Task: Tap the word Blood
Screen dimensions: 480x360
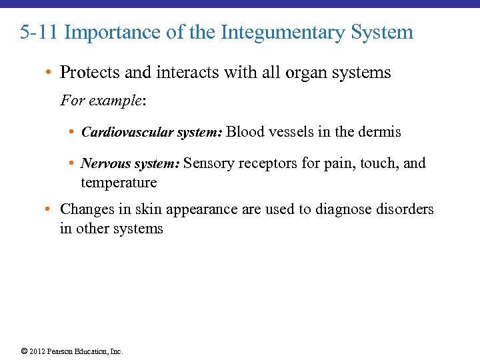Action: tap(245, 131)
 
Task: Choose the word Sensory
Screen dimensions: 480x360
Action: tap(208, 163)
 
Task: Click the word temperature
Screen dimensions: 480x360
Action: tap(119, 182)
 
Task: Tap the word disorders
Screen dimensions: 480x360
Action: tap(405, 209)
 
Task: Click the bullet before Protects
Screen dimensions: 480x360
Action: tap(51, 73)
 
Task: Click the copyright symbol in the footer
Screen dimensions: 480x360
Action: tap(24, 351)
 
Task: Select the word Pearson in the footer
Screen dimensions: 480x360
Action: tap(60, 351)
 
